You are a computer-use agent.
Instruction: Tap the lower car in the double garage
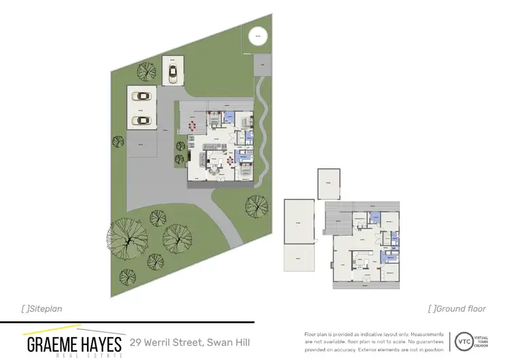[x=142, y=120]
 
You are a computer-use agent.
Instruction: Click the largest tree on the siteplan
[x=127, y=238]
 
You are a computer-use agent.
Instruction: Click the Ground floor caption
[x=457, y=308]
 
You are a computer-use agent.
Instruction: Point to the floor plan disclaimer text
[x=373, y=342]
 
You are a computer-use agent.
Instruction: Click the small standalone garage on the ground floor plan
[x=328, y=183]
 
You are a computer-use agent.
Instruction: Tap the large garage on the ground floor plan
[x=299, y=221]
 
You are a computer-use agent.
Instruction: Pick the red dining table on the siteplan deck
[x=193, y=125]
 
